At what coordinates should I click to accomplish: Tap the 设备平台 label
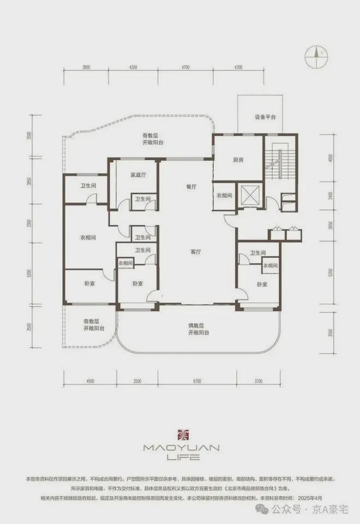[x=265, y=117]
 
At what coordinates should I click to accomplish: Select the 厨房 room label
[x=237, y=160]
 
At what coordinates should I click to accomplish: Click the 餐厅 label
[x=191, y=186]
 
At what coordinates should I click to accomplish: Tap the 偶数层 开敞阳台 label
[x=199, y=328]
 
